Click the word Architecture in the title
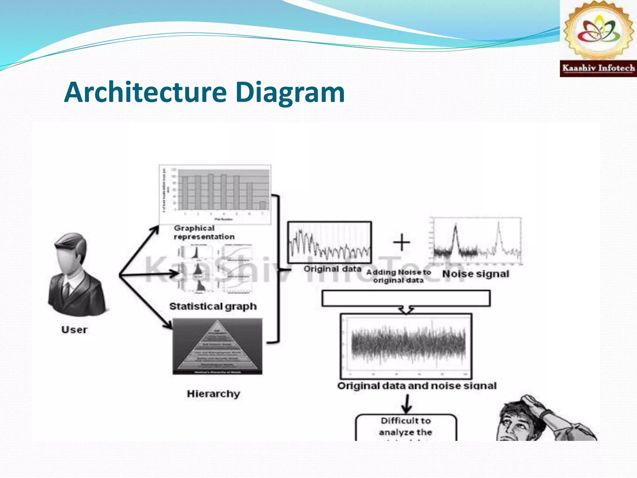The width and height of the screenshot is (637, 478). [145, 92]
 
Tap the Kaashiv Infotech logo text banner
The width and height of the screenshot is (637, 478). [598, 68]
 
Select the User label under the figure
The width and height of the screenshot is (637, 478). [74, 330]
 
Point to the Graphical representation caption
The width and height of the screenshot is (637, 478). [204, 232]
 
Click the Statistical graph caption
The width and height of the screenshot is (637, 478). [213, 307]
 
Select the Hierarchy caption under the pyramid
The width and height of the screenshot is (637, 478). [213, 394]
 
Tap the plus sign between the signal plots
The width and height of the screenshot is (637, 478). [402, 242]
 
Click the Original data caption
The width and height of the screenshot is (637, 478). [332, 269]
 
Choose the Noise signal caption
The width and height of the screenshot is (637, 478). [476, 274]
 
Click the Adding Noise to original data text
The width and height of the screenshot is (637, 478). [398, 276]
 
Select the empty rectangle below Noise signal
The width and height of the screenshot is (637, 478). [406, 298]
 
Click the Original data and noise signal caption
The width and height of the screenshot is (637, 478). [417, 386]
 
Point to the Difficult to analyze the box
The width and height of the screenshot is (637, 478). [406, 427]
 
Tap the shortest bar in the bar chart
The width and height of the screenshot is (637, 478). [263, 206]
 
